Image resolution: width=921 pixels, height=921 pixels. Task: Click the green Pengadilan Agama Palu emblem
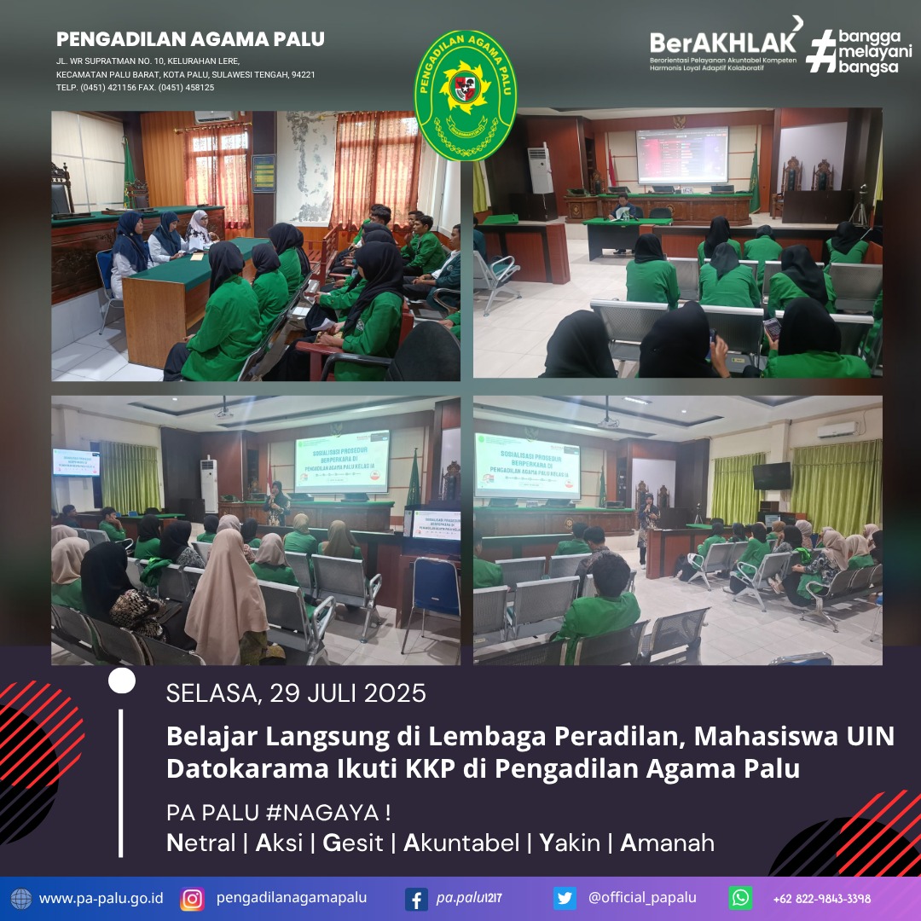tap(465, 96)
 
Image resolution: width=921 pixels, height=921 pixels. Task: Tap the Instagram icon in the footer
tap(193, 898)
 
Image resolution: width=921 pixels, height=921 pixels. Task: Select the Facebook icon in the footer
tap(416, 898)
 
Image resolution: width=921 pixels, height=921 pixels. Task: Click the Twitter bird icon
tap(565, 898)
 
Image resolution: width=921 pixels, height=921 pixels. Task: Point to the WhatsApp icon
tap(740, 898)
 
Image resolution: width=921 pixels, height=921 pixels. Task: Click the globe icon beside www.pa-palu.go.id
tap(21, 898)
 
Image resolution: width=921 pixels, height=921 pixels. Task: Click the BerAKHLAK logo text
tap(724, 42)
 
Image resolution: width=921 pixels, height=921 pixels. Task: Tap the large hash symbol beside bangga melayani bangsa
tap(820, 50)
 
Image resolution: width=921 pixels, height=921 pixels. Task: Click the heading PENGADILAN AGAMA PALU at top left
tap(190, 39)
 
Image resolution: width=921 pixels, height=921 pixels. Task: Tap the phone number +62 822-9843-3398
tap(821, 898)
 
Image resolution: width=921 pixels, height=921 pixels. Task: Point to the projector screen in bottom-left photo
tap(342, 461)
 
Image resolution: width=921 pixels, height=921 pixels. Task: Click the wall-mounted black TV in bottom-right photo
tap(771, 476)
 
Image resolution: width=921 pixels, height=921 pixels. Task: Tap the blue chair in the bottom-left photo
tap(432, 588)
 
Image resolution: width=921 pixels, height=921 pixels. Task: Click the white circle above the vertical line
tap(122, 681)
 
